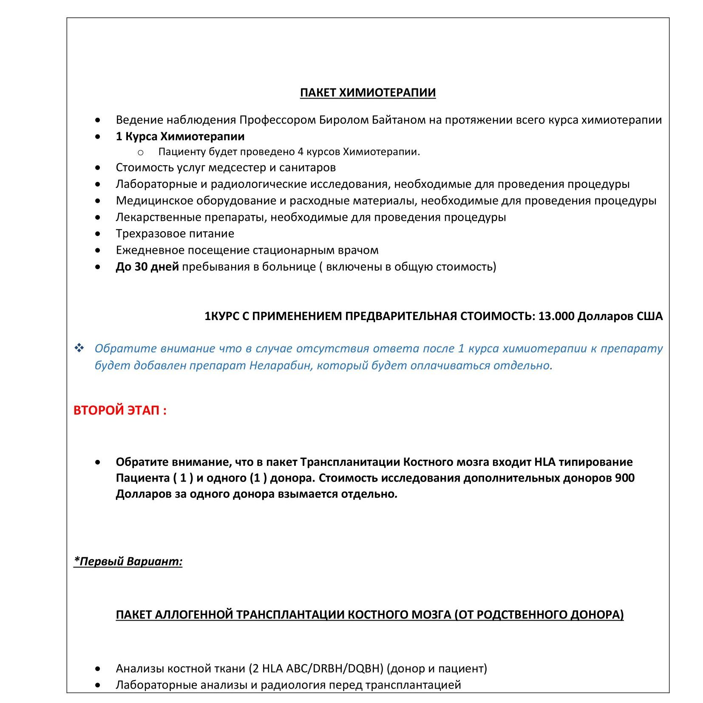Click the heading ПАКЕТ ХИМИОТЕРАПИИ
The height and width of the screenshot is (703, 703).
coord(368,93)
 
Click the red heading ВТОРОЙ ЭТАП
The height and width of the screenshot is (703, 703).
coord(119,410)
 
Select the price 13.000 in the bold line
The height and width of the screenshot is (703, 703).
coord(556,316)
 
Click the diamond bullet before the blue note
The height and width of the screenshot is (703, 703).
coord(79,348)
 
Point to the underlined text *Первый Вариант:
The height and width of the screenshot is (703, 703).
coord(128,561)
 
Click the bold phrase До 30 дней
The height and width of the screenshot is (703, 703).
coord(147,267)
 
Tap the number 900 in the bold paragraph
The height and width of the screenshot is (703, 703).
coord(624,478)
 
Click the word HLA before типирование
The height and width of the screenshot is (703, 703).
coord(544,462)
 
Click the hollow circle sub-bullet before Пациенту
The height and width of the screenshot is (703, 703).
coord(141,153)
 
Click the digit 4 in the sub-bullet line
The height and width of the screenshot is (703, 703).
coord(300,152)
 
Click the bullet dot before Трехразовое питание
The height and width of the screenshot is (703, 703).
coord(98,234)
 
